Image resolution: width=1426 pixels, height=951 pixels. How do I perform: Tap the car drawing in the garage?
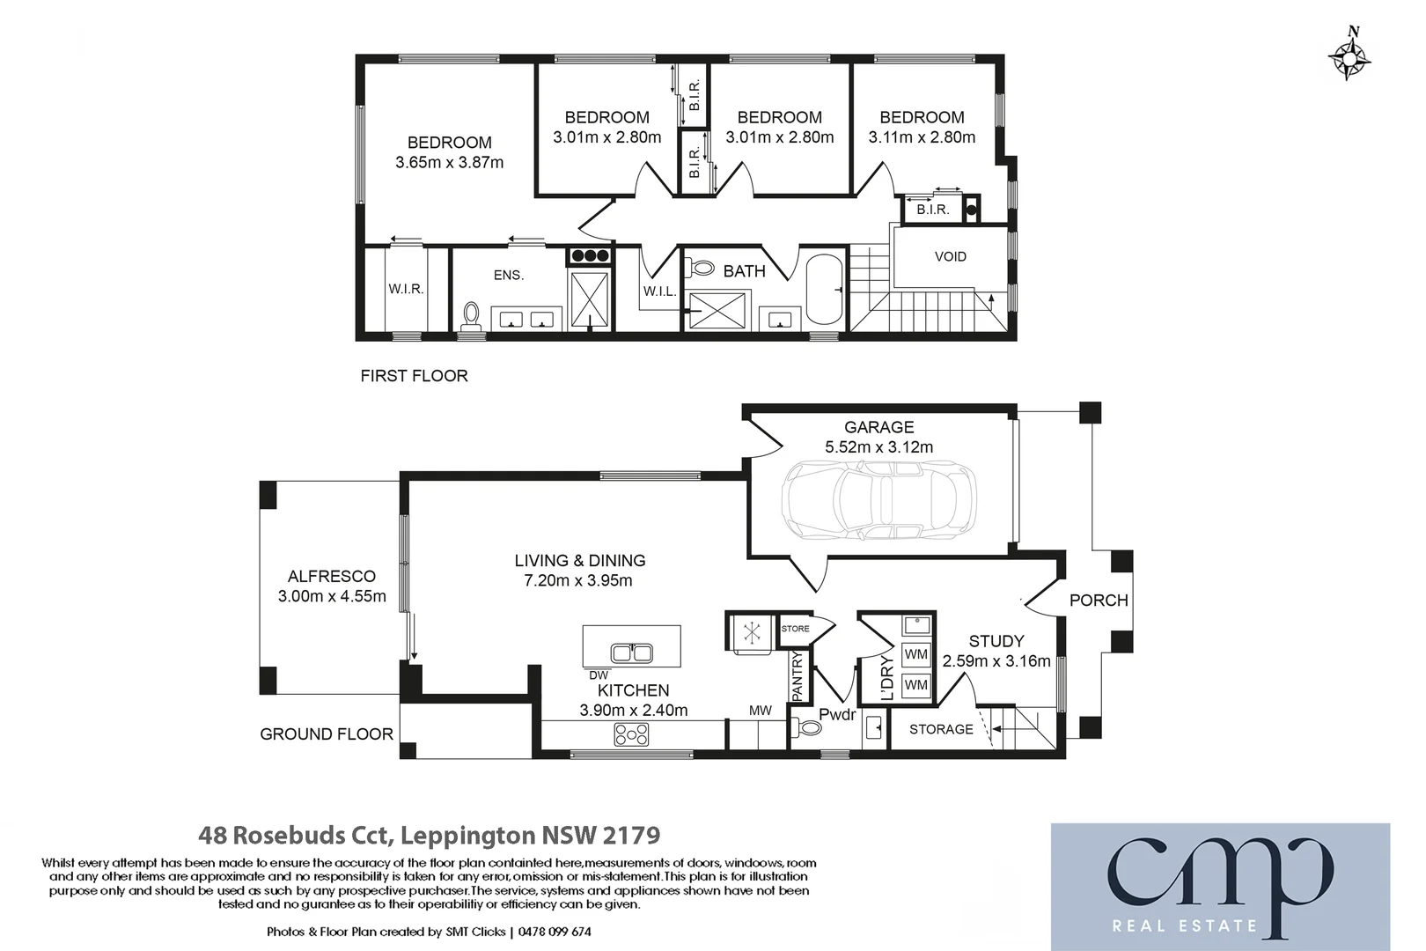[x=878, y=499]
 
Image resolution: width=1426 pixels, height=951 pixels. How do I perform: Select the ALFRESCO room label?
[x=332, y=577]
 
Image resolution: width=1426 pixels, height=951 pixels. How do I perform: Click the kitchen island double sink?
[x=632, y=652]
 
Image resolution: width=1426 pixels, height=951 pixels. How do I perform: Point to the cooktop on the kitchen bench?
[x=631, y=734]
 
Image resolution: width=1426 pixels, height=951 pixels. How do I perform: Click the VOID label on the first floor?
[x=950, y=257]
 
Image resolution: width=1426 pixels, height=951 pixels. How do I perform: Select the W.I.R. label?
[x=406, y=290]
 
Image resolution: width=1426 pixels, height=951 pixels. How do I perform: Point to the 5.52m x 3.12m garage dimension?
[x=878, y=447]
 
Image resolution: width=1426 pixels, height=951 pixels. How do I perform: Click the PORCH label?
[x=1098, y=601]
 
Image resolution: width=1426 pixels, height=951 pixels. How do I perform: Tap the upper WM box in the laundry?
[x=915, y=654]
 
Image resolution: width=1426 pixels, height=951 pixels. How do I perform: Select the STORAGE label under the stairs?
[x=941, y=730]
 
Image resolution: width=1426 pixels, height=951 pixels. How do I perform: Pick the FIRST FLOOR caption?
[x=414, y=376]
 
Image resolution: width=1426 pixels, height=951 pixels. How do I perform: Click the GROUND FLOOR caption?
[x=326, y=734]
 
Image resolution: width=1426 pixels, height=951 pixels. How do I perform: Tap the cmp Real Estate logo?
[x=1220, y=886]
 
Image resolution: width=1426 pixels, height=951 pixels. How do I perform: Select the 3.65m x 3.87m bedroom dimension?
[x=449, y=163]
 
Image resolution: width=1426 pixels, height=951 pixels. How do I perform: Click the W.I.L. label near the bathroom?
[x=659, y=292]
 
